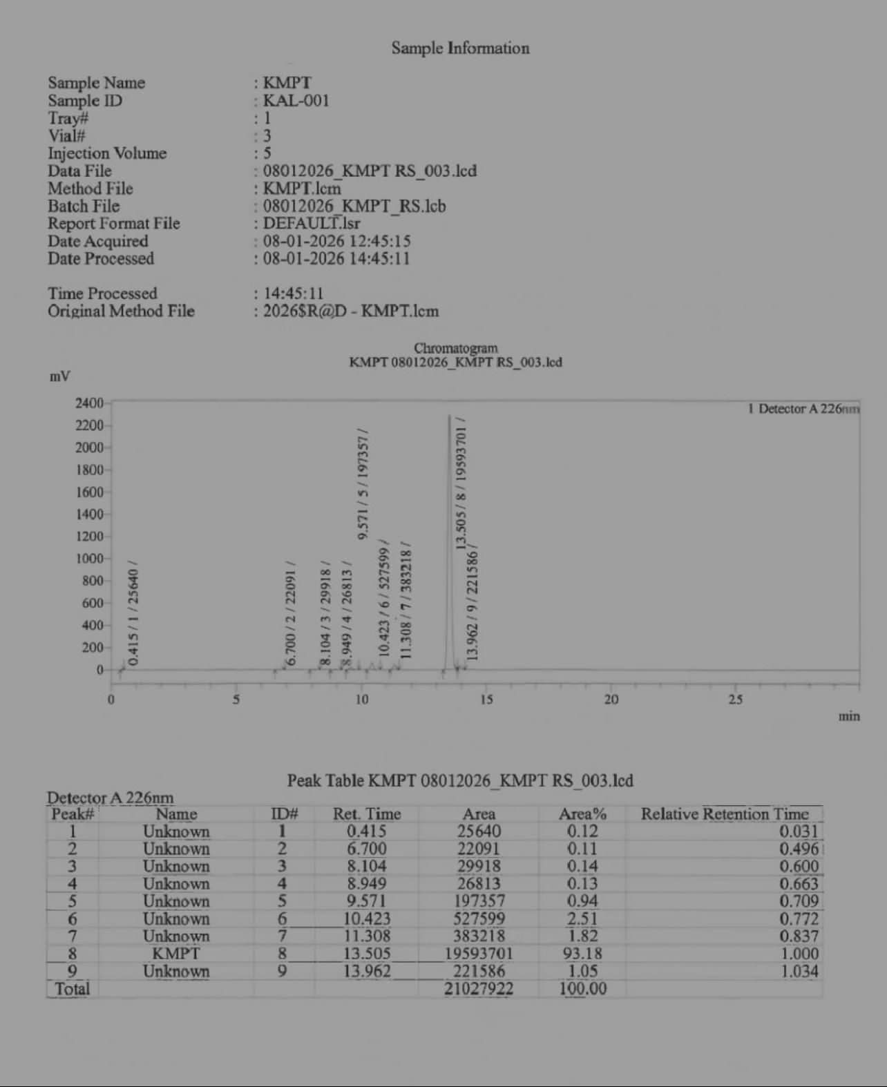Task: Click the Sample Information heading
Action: coord(460,48)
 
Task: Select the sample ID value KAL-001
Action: coord(296,101)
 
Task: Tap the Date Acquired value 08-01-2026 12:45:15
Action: coord(336,241)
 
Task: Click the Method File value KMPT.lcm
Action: coord(302,189)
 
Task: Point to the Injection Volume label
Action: coord(107,153)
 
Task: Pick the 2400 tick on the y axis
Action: coord(89,403)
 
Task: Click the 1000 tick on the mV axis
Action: coord(89,559)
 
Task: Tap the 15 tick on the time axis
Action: coord(486,700)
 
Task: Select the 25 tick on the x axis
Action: coord(736,700)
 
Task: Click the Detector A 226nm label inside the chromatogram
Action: coord(803,409)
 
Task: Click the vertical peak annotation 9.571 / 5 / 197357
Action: coord(363,483)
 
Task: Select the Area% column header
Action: coord(582,814)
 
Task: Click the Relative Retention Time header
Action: coord(725,814)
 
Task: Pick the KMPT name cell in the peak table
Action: coord(176,954)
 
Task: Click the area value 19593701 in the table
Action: coord(479,954)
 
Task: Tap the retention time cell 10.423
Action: coord(367,919)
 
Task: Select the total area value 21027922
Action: coord(479,989)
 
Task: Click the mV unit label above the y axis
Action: coord(59,376)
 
